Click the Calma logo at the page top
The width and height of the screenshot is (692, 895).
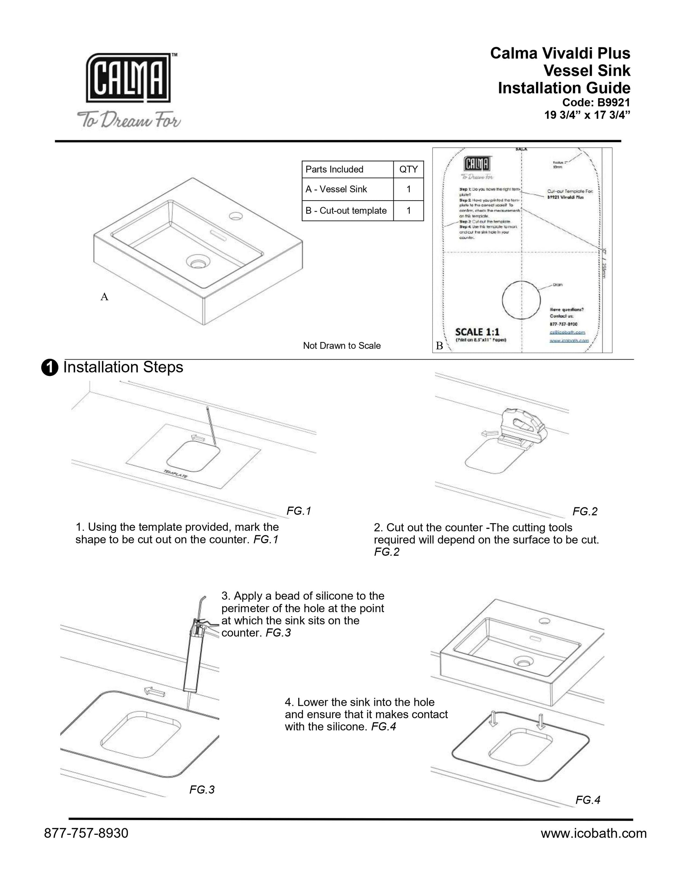click(128, 78)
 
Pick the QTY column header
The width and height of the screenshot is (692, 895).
click(408, 169)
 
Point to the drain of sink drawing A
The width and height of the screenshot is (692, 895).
click(198, 261)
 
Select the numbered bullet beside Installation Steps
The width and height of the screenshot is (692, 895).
click(49, 368)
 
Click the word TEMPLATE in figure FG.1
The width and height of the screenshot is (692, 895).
click(176, 473)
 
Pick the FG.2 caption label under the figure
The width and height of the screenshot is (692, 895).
click(585, 511)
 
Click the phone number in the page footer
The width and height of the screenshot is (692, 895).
click(86, 833)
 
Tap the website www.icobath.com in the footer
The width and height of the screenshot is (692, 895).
click(593, 833)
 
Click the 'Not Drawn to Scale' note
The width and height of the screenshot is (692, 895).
click(342, 345)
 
